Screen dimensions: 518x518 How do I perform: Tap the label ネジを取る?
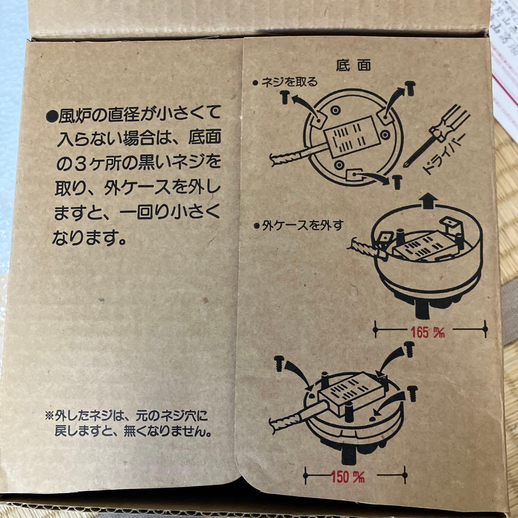coord(288,82)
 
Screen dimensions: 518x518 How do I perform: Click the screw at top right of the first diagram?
coord(410,88)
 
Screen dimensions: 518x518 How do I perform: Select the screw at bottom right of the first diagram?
coord(396,182)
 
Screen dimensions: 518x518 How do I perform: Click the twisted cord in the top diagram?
coord(287,159)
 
